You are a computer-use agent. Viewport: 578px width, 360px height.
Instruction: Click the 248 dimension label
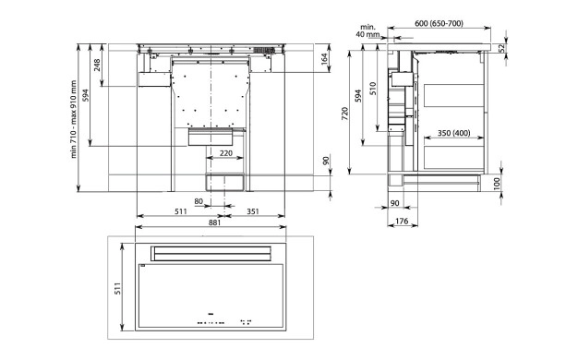pyautogui.click(x=97, y=66)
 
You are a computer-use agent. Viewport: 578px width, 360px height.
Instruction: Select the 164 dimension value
pyautogui.click(x=324, y=59)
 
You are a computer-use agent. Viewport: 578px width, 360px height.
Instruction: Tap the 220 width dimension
pyautogui.click(x=226, y=152)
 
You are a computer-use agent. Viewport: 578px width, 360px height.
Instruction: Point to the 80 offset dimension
pyautogui.click(x=199, y=201)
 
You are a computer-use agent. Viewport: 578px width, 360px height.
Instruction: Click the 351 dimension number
pyautogui.click(x=253, y=211)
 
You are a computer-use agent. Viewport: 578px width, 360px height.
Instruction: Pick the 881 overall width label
pyautogui.click(x=214, y=222)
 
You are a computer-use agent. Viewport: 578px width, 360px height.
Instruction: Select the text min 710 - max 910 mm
pyautogui.click(x=74, y=119)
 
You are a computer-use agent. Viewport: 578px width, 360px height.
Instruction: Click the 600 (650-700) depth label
pyautogui.click(x=439, y=24)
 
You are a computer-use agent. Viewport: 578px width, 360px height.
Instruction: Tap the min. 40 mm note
pyautogui.click(x=367, y=31)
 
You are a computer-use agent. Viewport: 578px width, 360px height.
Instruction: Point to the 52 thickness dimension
pyautogui.click(x=501, y=48)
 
